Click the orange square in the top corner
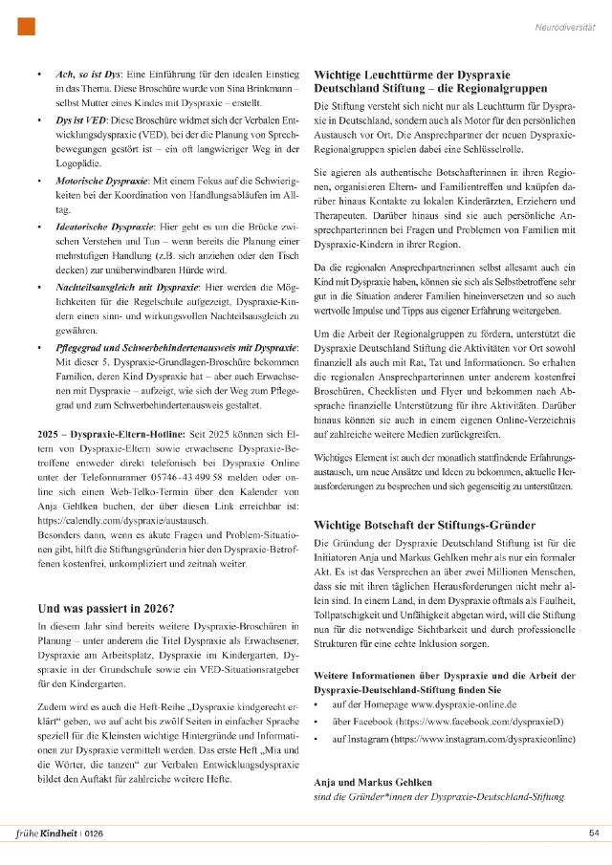(27, 27)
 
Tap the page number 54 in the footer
(592, 832)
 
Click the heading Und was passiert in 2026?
(105, 607)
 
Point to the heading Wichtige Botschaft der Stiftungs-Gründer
(421, 526)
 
